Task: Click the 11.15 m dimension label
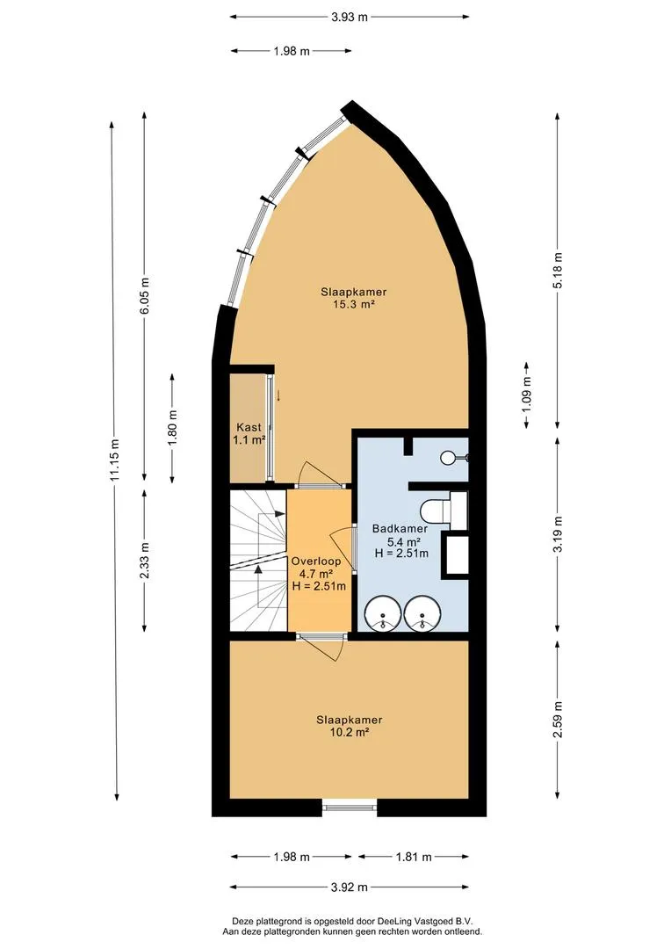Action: [114, 460]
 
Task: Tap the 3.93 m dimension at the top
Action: [350, 17]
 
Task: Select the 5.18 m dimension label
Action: [557, 270]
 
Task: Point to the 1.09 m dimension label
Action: [526, 395]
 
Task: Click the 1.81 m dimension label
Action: [414, 857]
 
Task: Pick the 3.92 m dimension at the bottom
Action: [350, 887]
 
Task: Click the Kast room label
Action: [249, 427]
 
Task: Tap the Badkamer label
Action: [400, 528]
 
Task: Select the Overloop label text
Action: [316, 561]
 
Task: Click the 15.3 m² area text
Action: [353, 304]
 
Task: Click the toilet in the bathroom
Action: [436, 511]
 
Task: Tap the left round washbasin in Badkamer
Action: [382, 613]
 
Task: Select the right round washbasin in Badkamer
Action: [423, 613]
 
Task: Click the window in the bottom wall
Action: [350, 807]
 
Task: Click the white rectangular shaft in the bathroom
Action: [457, 554]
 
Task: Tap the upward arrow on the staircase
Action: [258, 585]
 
